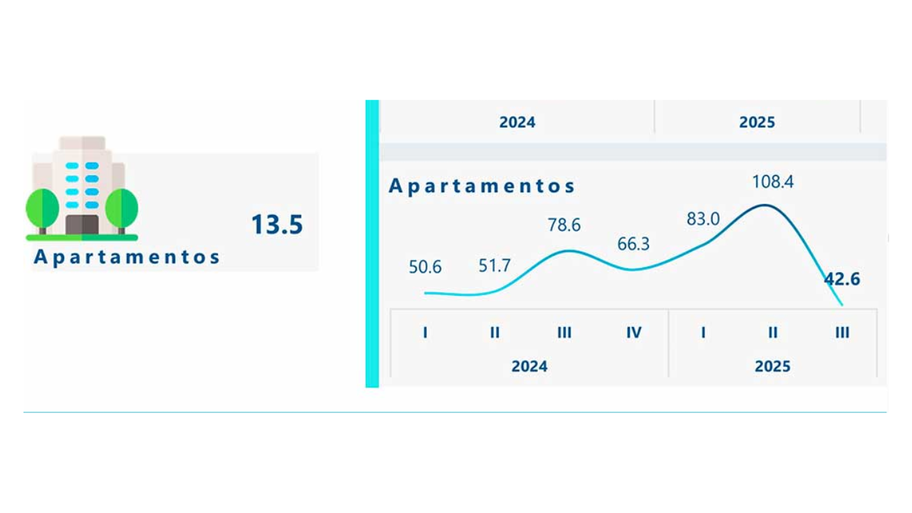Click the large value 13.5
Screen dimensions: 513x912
click(x=276, y=224)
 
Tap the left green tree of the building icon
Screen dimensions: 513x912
click(x=43, y=209)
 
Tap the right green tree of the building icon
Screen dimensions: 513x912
click(x=121, y=209)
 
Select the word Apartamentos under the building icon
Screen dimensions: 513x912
click(x=127, y=256)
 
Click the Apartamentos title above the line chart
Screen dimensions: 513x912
click(x=482, y=186)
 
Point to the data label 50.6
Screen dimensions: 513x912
click(x=425, y=267)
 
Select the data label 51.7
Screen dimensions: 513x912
click(x=494, y=266)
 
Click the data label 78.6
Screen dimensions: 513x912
click(x=564, y=225)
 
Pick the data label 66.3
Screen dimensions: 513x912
click(x=633, y=244)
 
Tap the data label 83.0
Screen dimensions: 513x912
click(x=703, y=219)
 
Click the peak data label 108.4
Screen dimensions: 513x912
click(x=773, y=182)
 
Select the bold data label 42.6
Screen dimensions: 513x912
click(x=842, y=279)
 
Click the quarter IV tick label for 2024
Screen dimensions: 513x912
click(x=633, y=332)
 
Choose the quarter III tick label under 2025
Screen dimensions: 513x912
click(x=842, y=332)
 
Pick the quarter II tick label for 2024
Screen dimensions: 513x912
click(x=494, y=332)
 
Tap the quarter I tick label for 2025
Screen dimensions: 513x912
click(x=703, y=332)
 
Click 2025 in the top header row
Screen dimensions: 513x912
click(x=757, y=122)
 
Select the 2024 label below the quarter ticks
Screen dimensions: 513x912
click(x=529, y=366)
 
